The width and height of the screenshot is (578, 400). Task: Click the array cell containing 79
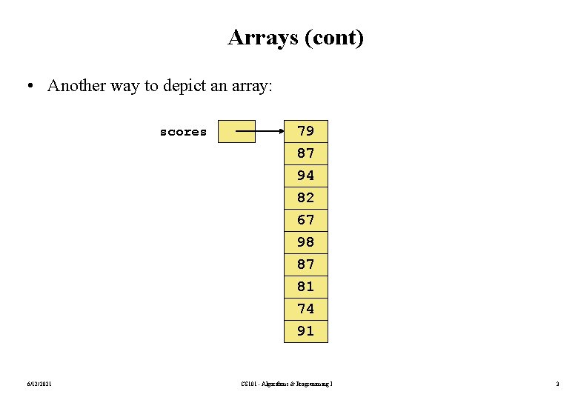[x=305, y=131]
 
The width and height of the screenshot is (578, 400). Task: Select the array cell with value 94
[x=305, y=176]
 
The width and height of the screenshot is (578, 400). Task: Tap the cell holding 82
[x=305, y=198]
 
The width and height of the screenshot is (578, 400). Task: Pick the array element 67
[x=305, y=220]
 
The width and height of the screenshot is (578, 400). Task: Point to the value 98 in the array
[x=305, y=242]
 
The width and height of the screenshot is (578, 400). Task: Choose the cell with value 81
[x=305, y=287]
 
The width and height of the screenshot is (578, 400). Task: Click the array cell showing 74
[x=305, y=309]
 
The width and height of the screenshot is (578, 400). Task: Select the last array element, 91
[x=305, y=331]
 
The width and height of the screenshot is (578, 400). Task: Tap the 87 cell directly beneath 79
[x=305, y=153]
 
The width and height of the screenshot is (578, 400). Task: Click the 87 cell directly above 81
[x=305, y=264]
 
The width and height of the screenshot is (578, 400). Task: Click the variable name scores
[x=183, y=132]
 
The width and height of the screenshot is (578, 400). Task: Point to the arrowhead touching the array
[x=280, y=132]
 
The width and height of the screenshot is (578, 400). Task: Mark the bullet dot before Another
[x=28, y=86]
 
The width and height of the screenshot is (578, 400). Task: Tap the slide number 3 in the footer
[x=557, y=383]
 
